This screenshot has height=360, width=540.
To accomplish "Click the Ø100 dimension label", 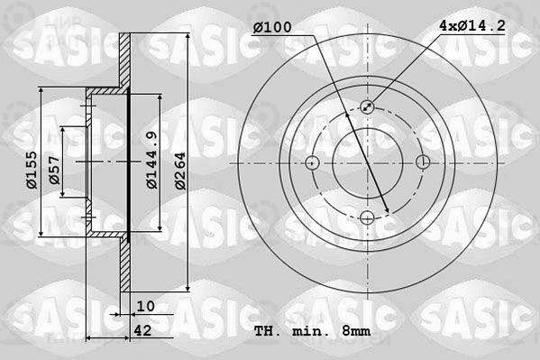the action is pyautogui.click(x=272, y=27).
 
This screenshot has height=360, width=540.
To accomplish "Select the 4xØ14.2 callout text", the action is pyautogui.click(x=472, y=25).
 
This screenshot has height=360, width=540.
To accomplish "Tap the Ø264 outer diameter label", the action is pyautogui.click(x=180, y=171).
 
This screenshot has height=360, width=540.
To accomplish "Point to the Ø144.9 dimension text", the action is pyautogui.click(x=151, y=160).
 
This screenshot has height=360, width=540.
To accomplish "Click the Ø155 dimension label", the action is pyautogui.click(x=32, y=170).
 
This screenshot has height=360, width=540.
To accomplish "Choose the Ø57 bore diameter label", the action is pyautogui.click(x=54, y=170).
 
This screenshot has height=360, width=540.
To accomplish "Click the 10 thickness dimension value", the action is pyautogui.click(x=145, y=306).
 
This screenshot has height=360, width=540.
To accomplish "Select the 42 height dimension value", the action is pyautogui.click(x=142, y=331).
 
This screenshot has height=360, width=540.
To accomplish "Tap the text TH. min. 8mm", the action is pyautogui.click(x=312, y=331).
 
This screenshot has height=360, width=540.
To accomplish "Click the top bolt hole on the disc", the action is pyautogui.click(x=367, y=106).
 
